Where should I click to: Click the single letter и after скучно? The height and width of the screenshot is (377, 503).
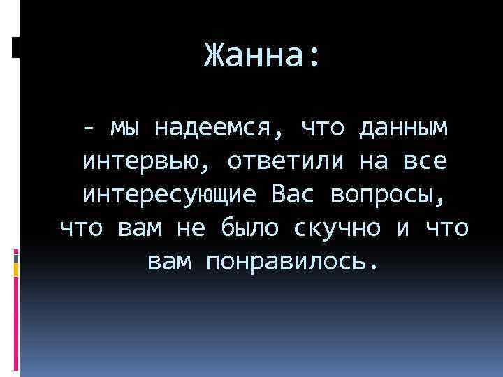[402, 228]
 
